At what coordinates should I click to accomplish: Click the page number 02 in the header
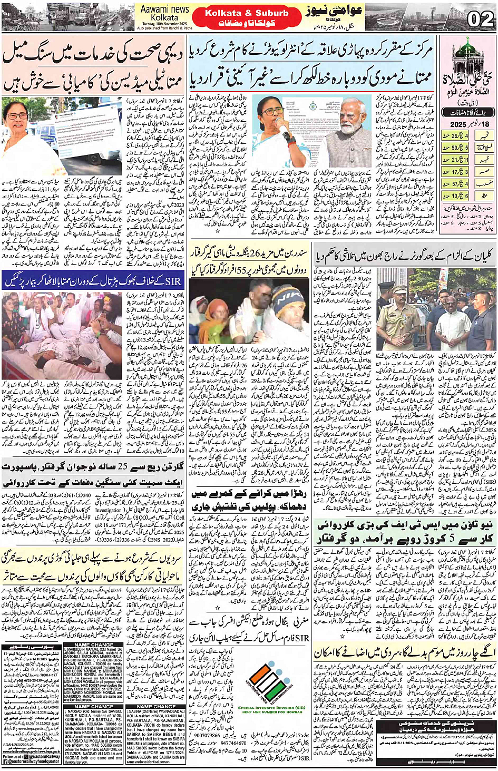480,19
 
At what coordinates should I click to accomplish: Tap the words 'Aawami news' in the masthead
164,9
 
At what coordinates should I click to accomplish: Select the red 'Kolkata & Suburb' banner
247,13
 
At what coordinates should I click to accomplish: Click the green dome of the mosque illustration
464,48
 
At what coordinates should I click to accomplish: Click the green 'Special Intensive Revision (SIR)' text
271,708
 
